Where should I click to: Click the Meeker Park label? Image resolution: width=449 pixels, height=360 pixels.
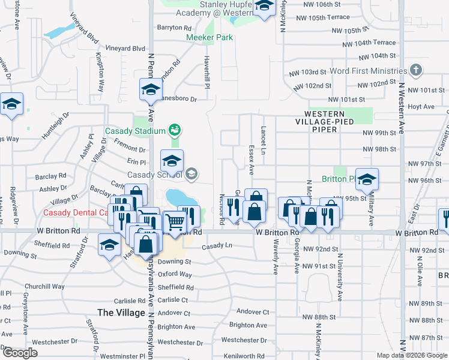pyautogui.click(x=209, y=37)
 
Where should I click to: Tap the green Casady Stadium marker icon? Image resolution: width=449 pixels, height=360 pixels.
pyautogui.click(x=175, y=129)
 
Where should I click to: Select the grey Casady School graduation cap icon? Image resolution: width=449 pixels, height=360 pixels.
pyautogui.click(x=191, y=174)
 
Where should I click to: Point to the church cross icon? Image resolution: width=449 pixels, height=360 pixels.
pyautogui.click(x=415, y=71)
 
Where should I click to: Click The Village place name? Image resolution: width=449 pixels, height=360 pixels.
pyautogui.click(x=121, y=313)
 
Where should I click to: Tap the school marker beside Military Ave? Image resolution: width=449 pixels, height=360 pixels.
pyautogui.click(x=367, y=178)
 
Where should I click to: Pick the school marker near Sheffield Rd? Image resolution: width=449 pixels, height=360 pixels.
pyautogui.click(x=109, y=244)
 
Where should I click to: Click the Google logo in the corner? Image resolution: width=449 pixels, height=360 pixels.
pyautogui.click(x=20, y=352)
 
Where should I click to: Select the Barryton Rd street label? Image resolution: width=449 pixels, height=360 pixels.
pyautogui.click(x=174, y=28)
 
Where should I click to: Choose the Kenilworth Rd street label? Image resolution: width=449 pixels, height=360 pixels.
pyautogui.click(x=244, y=356)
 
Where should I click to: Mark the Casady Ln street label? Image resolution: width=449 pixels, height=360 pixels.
pyautogui.click(x=217, y=246)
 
